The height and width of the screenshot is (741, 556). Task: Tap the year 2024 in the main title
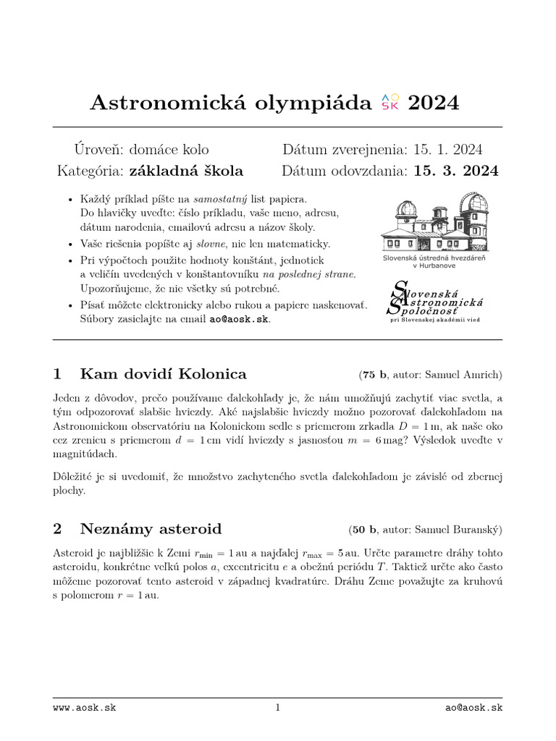pyautogui.click(x=434, y=103)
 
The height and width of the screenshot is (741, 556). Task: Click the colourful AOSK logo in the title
pyautogui.click(x=389, y=103)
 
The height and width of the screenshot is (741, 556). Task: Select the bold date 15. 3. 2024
pyautogui.click(x=456, y=172)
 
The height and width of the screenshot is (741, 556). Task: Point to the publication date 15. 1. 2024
pyautogui.click(x=448, y=150)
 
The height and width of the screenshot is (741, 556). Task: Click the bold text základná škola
pyautogui.click(x=186, y=172)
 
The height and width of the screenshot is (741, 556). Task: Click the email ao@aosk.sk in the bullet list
pyautogui.click(x=239, y=319)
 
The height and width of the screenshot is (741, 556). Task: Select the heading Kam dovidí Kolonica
pyautogui.click(x=163, y=374)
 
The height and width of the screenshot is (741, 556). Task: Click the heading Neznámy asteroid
pyautogui.click(x=151, y=529)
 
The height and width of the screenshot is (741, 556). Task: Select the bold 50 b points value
pyautogui.click(x=363, y=530)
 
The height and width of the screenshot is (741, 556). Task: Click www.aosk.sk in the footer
pyautogui.click(x=84, y=708)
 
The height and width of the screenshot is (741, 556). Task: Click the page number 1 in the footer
pyautogui.click(x=277, y=708)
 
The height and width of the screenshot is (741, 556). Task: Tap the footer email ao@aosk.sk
pyautogui.click(x=473, y=708)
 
